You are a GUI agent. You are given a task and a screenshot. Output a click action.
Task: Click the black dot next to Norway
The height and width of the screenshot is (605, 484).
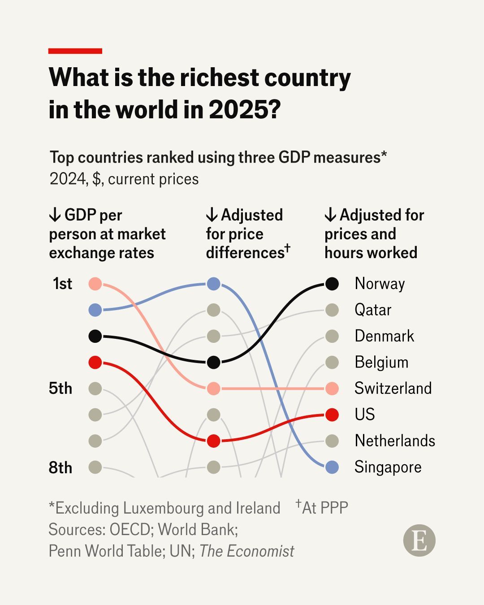332,284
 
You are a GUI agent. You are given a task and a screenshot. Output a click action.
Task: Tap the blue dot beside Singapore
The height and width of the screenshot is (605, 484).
332,467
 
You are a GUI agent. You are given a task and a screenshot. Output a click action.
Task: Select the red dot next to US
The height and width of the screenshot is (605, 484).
332,415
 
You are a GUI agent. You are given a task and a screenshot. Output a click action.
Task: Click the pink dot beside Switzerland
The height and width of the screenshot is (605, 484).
332,389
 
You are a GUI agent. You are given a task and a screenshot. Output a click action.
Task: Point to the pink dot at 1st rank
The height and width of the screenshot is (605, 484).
95,284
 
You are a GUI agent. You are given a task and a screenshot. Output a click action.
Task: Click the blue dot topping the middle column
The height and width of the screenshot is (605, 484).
213,284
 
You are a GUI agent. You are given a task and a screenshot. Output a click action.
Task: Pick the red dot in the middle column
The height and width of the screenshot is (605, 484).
213,441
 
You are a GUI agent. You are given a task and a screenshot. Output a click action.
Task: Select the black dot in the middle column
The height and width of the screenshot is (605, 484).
213,362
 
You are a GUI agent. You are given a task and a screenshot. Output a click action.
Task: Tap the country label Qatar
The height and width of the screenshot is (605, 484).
373,310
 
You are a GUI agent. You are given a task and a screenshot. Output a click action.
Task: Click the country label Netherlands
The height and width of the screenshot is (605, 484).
394,441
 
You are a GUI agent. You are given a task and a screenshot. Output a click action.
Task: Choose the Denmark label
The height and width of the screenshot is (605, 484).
384,336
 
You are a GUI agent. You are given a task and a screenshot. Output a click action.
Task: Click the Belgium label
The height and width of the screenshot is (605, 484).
381,362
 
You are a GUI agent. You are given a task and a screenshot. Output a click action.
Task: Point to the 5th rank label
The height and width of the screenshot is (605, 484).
60,388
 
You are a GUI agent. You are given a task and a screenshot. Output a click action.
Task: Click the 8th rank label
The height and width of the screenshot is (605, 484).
60,467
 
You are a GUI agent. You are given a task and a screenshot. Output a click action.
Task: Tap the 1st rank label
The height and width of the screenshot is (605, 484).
62,284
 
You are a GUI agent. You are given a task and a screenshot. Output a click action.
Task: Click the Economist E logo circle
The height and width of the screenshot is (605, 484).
419,541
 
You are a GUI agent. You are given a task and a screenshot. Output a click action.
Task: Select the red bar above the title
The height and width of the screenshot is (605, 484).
75,51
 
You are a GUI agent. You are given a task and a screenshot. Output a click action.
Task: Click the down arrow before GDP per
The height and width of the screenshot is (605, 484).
55,215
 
